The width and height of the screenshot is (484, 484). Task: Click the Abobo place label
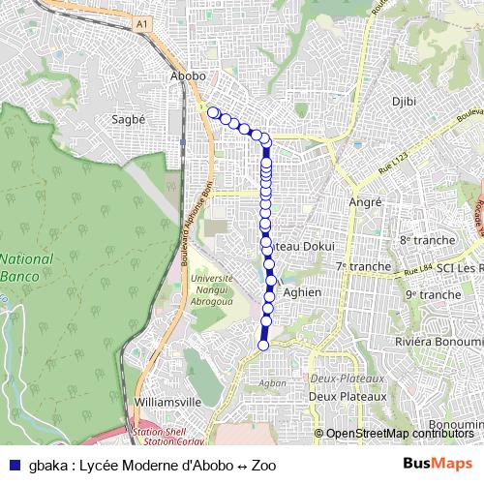point(188,76)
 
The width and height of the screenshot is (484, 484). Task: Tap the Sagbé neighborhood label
point(129,120)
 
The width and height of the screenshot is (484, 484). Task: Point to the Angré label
point(365,202)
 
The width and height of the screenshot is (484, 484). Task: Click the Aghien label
point(303,291)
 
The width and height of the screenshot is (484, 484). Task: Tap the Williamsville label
point(167,401)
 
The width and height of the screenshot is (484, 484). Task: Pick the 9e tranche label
point(433,294)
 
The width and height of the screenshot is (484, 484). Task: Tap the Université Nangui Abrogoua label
point(215,287)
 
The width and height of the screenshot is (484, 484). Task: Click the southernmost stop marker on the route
point(262,344)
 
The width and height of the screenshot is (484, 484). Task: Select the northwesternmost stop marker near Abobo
point(213,112)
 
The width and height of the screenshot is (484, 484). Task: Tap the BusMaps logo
point(439,465)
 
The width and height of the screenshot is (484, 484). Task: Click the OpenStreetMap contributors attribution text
point(399,434)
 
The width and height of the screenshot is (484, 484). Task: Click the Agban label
point(273,382)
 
